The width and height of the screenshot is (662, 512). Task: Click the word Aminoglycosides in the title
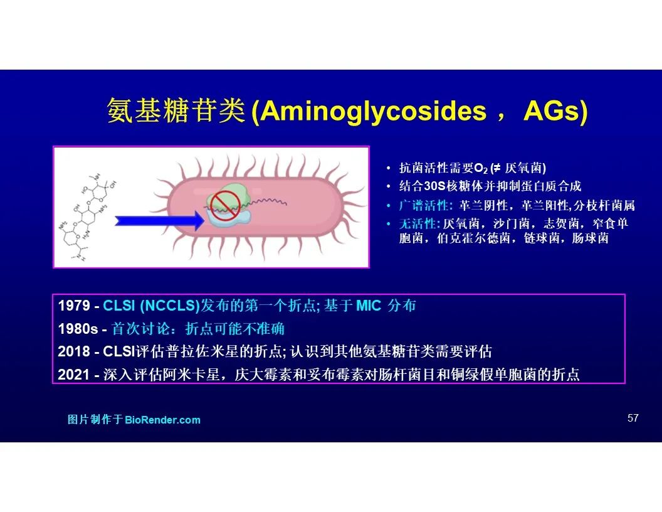point(373,112)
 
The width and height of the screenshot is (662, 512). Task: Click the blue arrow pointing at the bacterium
point(160,220)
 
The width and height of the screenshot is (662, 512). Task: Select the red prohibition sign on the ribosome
point(226,206)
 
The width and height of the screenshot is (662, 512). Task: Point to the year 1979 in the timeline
point(74,306)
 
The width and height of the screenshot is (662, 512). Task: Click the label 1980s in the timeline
point(78,329)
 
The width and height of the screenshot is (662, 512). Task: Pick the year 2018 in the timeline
point(74,351)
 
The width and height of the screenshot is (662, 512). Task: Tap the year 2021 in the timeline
point(74,375)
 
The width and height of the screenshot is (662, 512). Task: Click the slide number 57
point(633,419)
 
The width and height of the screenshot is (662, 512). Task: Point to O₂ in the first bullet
point(481,169)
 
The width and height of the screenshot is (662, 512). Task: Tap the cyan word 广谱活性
point(423,206)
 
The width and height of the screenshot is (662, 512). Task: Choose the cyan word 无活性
point(417,223)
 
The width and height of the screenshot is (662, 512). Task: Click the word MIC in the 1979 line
point(369,306)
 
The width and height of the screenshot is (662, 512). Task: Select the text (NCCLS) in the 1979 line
point(169,306)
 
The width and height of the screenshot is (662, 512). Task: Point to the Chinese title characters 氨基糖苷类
point(176,110)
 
